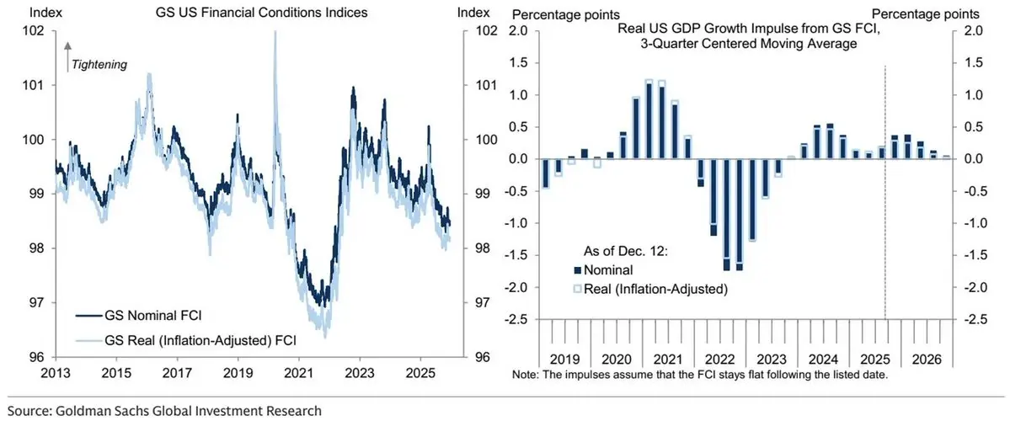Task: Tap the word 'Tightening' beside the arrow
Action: pyautogui.click(x=99, y=64)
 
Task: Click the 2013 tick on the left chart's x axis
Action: pyautogui.click(x=55, y=370)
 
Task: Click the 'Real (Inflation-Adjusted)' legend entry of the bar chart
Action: pyautogui.click(x=649, y=288)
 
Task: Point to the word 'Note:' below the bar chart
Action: pyautogui.click(x=524, y=373)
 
